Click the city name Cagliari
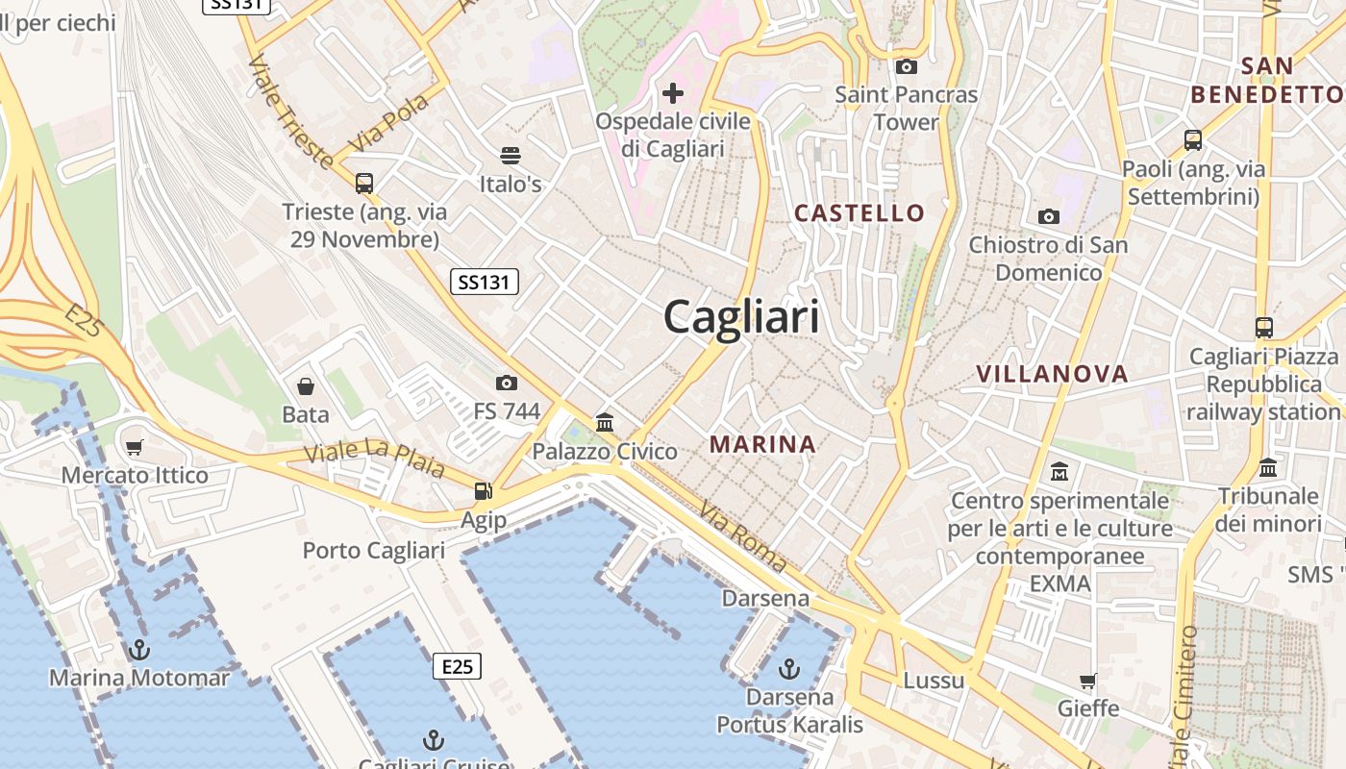coord(741,316)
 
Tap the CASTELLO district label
coord(860,212)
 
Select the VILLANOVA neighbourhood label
coord(1052,374)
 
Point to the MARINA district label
coord(763,444)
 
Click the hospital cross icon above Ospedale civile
coord(673,93)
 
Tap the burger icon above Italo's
coord(511,156)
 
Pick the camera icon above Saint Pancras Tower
coord(906,67)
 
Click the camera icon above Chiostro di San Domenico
coord(1049,217)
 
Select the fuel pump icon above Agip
coord(483,491)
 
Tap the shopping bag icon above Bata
coord(306,386)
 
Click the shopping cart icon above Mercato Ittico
coord(135,447)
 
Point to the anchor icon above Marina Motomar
coord(139,650)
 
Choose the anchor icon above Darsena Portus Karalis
coord(789,668)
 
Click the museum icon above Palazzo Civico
coord(605,423)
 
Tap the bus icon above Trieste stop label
coord(364,183)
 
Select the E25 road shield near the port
coord(457,665)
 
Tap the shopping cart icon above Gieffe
coord(1088,681)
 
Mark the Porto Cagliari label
coord(374,550)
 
